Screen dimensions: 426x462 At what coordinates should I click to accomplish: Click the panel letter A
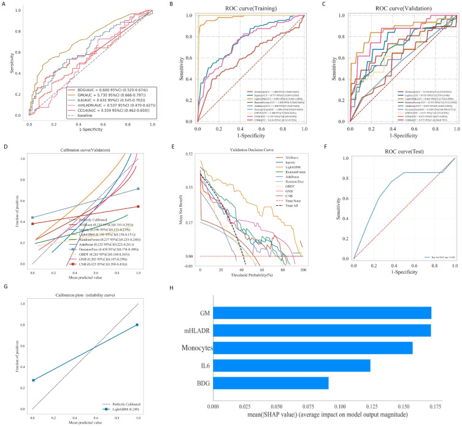pos(4,4)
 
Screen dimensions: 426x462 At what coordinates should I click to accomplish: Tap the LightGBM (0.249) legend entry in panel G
pos(118,411)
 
